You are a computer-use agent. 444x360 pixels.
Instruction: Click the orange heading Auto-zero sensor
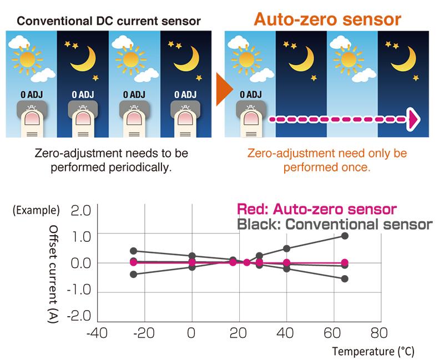pyautogui.click(x=327, y=18)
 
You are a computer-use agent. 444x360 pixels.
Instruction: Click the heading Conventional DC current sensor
pyautogui.click(x=108, y=22)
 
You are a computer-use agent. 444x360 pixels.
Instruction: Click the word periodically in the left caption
pyautogui.click(x=140, y=166)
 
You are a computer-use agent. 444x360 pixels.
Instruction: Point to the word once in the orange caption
pyautogui.click(x=357, y=166)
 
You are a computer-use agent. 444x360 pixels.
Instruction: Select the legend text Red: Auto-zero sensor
pyautogui.click(x=316, y=210)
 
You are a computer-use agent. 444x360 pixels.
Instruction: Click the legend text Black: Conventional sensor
pyautogui.click(x=334, y=225)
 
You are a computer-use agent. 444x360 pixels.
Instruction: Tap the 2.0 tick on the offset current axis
pyautogui.click(x=80, y=211)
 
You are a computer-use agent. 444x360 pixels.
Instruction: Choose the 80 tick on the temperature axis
pyautogui.click(x=380, y=334)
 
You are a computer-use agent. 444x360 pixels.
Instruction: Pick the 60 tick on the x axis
pyautogui.click(x=332, y=334)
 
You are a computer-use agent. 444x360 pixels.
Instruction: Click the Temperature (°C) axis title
pyautogui.click(x=373, y=351)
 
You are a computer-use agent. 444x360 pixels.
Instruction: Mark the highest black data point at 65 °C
pyautogui.click(x=345, y=236)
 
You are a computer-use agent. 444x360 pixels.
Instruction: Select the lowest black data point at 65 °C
pyautogui.click(x=345, y=278)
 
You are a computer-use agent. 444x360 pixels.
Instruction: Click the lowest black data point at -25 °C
pyautogui.click(x=133, y=275)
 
